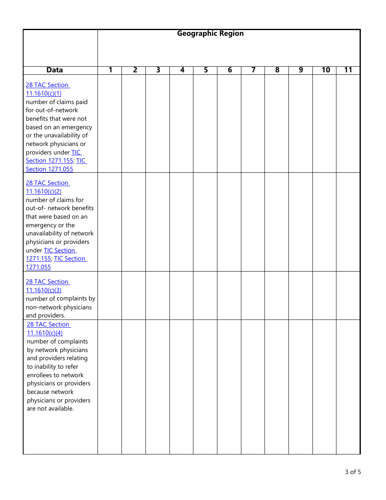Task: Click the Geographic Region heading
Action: tap(210, 34)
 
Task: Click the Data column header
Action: tap(54, 70)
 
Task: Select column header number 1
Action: tap(110, 70)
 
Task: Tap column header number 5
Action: tap(206, 70)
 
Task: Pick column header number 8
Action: tap(277, 70)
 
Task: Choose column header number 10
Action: tap(325, 70)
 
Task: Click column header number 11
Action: tap(348, 70)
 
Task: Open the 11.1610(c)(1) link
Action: tap(43, 93)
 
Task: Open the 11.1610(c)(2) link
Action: tap(43, 191)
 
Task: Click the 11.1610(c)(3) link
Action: tap(43, 290)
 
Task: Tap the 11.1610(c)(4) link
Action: tap(45, 333)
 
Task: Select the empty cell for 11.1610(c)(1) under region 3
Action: tap(158, 124)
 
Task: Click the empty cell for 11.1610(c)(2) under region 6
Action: tap(229, 222)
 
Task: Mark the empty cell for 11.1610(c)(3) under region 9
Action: tap(301, 296)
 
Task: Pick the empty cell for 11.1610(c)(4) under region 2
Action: tap(134, 387)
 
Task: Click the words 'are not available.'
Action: tap(50, 409)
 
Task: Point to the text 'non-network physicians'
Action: tap(59, 307)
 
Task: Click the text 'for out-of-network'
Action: tap(52, 110)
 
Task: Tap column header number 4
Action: tap(182, 70)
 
